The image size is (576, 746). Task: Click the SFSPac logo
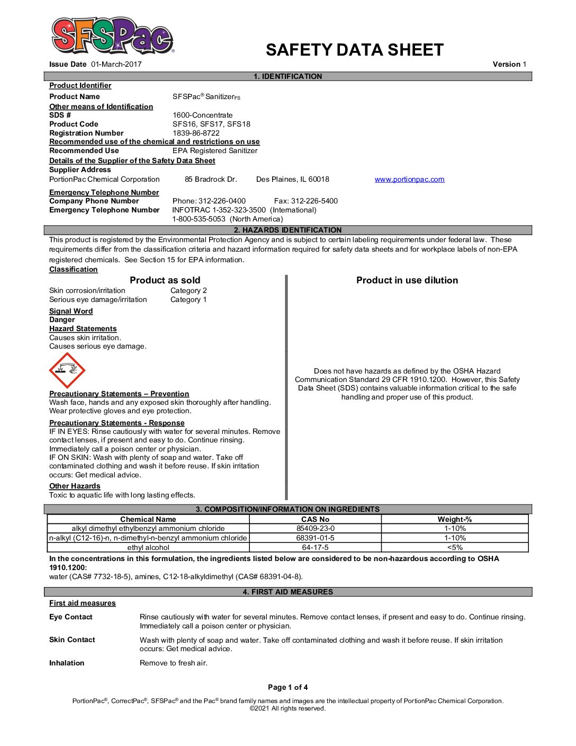pyautogui.click(x=112, y=35)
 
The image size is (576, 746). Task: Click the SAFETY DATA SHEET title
pyautogui.click(x=354, y=50)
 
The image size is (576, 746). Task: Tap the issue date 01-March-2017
pyautogui.click(x=116, y=64)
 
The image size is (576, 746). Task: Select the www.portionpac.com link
pyautogui.click(x=409, y=179)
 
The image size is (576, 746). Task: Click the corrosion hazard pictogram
pyautogui.click(x=67, y=370)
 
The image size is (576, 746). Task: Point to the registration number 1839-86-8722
pyautogui.click(x=196, y=133)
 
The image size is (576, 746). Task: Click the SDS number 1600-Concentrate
pyautogui.click(x=202, y=115)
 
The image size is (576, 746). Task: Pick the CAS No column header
pyautogui.click(x=315, y=519)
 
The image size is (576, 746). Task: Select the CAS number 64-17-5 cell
pyautogui.click(x=315, y=547)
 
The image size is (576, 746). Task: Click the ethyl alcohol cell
pyautogui.click(x=148, y=547)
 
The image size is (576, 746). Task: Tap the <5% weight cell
pyautogui.click(x=454, y=547)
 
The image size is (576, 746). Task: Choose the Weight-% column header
pyautogui.click(x=454, y=519)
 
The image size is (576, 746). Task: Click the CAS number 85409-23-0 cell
pyautogui.click(x=315, y=528)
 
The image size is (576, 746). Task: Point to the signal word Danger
pyautogui.click(x=62, y=319)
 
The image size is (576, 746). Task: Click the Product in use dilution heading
pyautogui.click(x=407, y=280)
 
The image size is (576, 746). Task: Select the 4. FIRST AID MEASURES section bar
pyautogui.click(x=288, y=592)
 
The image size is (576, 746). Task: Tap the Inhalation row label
pyautogui.click(x=67, y=663)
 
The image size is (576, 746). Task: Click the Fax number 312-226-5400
pyautogui.click(x=306, y=201)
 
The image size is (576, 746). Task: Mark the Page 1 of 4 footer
pyautogui.click(x=288, y=687)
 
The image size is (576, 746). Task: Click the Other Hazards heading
pyautogui.click(x=75, y=486)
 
